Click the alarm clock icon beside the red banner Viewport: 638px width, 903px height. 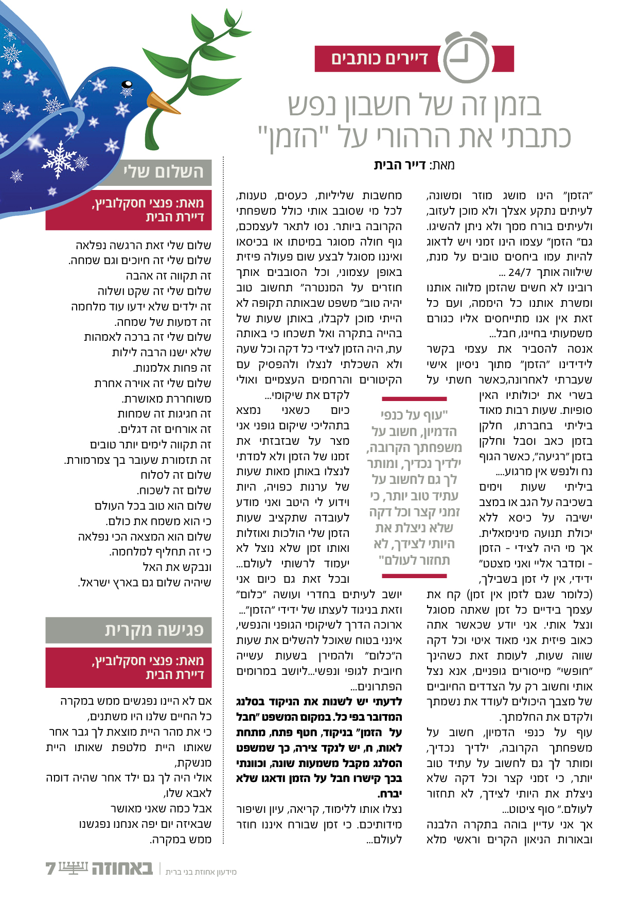(466, 58)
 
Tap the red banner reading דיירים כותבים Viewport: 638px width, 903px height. (379, 59)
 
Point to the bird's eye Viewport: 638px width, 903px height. (127, 85)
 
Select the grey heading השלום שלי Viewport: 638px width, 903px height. (163, 171)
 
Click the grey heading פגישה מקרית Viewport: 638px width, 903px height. (154, 630)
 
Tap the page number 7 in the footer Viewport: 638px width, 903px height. (50, 869)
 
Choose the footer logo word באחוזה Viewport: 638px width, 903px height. (122, 869)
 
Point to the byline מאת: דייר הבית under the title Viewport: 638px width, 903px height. (414, 165)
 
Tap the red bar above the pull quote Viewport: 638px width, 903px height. (414, 398)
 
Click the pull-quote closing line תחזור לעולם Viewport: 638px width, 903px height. (414, 560)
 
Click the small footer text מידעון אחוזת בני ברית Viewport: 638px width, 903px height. (201, 872)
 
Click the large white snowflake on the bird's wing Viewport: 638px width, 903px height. (59, 158)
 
